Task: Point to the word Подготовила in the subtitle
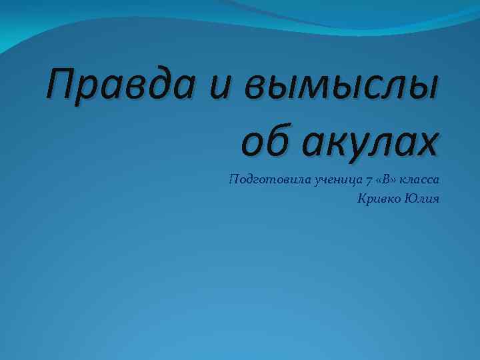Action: pos(263,181)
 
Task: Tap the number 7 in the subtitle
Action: pos(369,181)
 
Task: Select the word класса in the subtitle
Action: pos(420,181)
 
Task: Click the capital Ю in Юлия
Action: pos(412,199)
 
